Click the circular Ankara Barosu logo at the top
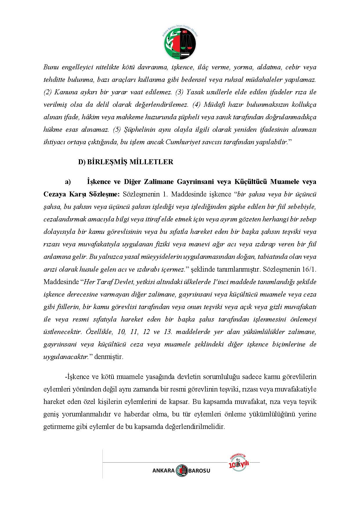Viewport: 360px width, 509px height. tap(180, 43)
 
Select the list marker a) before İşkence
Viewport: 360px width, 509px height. tap(68, 182)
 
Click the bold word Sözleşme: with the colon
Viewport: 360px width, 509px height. tap(104, 194)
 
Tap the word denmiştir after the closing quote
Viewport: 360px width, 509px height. tap(108, 357)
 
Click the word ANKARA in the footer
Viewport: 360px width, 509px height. tap(163, 471)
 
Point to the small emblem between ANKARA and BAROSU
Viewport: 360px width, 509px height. tap(182, 470)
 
